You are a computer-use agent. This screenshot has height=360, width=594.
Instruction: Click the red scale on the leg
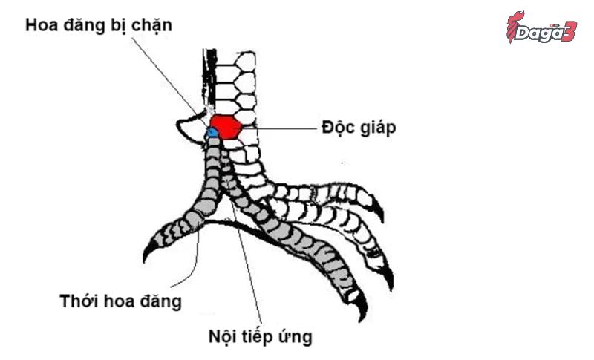tap(224, 127)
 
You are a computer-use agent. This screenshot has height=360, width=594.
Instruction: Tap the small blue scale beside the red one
tap(212, 132)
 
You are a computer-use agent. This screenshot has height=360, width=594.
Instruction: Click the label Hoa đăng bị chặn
tap(99, 24)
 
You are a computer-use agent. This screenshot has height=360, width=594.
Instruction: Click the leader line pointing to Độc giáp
tap(278, 128)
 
